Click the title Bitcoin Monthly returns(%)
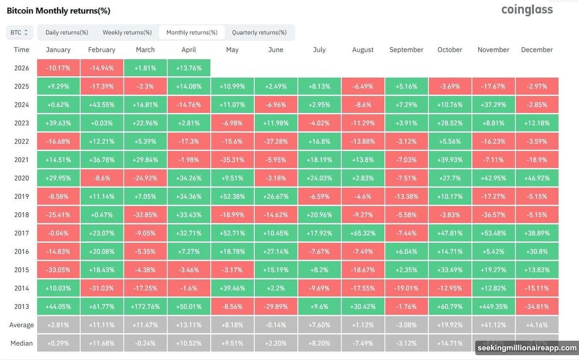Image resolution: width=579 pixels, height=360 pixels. point(58,11)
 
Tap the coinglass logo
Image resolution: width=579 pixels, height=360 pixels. point(527,10)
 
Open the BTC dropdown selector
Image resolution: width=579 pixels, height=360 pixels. point(20,32)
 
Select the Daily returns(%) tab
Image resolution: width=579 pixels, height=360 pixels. point(67,32)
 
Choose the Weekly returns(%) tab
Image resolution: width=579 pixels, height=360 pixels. point(127,32)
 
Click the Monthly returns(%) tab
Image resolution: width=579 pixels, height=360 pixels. point(192,32)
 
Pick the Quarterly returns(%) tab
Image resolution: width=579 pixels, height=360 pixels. point(259,32)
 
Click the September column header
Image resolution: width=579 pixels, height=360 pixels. point(406,50)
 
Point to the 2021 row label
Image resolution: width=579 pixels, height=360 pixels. point(21,160)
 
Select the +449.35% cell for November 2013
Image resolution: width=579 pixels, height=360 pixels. point(493,306)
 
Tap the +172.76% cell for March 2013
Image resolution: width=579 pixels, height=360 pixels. point(145,306)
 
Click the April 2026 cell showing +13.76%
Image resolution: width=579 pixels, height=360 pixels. point(189,68)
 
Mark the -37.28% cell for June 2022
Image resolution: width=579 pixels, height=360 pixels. point(276,141)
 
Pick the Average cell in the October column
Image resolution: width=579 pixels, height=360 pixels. point(450,325)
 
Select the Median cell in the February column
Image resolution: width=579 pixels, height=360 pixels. point(102,343)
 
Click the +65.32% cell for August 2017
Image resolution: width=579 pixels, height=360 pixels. point(363,233)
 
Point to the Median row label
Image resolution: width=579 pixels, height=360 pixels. point(21,343)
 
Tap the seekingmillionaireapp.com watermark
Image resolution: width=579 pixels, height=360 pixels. point(526,348)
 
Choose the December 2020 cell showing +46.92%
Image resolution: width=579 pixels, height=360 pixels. point(537,178)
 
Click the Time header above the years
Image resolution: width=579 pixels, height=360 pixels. point(21,50)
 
